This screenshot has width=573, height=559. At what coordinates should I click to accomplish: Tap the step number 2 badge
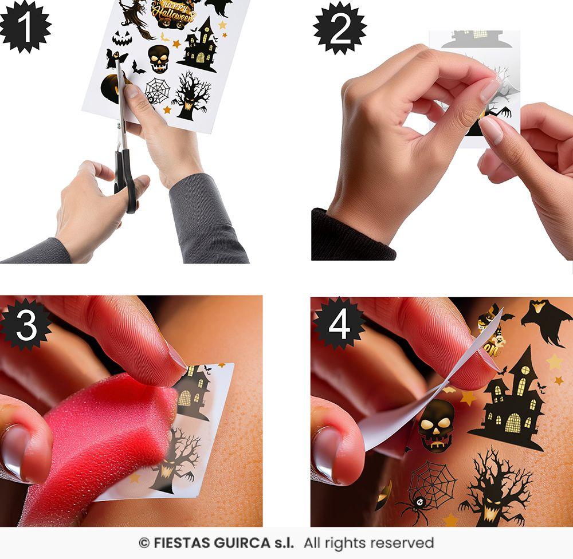[x=340, y=28]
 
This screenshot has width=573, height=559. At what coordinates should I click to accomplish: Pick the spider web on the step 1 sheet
[x=156, y=90]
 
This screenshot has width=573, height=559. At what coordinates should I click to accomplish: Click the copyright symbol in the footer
[x=144, y=543]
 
